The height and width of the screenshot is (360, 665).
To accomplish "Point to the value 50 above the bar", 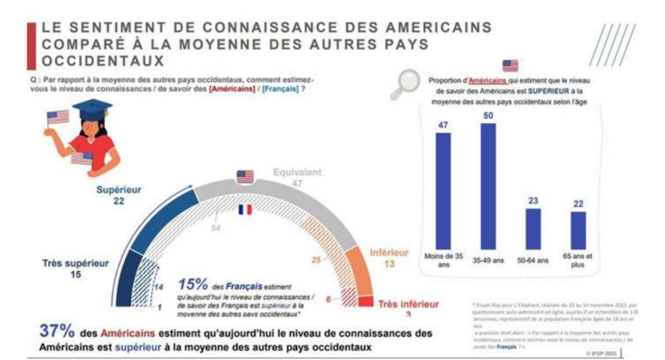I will tap(489, 115).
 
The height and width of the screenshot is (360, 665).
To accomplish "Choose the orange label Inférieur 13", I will tap(389, 259).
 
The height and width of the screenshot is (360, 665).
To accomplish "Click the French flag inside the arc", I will tap(245, 209).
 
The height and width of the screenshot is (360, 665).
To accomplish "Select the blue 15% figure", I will tap(194, 283).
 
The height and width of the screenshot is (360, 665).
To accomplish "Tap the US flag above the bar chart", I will tap(510, 64).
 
